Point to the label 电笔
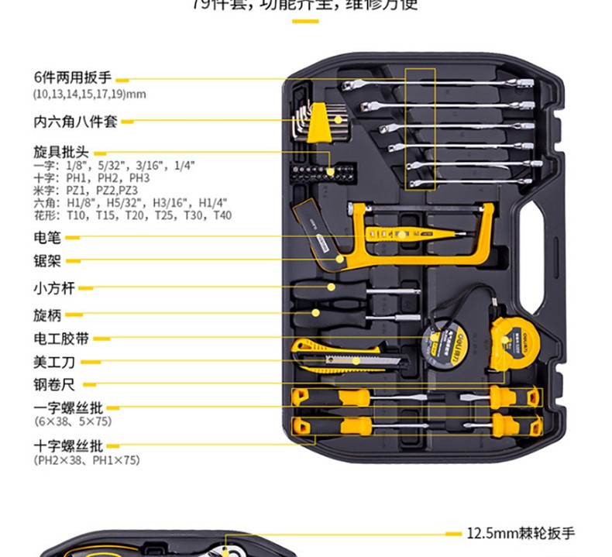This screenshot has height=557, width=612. (46, 236)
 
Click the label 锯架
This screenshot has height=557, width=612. (46, 261)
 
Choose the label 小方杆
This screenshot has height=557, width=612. (53, 288)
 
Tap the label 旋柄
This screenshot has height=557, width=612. (46, 315)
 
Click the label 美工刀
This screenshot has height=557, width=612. (53, 361)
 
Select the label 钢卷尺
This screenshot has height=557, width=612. (53, 384)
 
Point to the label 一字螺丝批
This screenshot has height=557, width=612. (67, 407)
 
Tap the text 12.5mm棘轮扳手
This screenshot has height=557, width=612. (521, 533)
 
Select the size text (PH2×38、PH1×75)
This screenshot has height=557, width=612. (87, 460)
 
